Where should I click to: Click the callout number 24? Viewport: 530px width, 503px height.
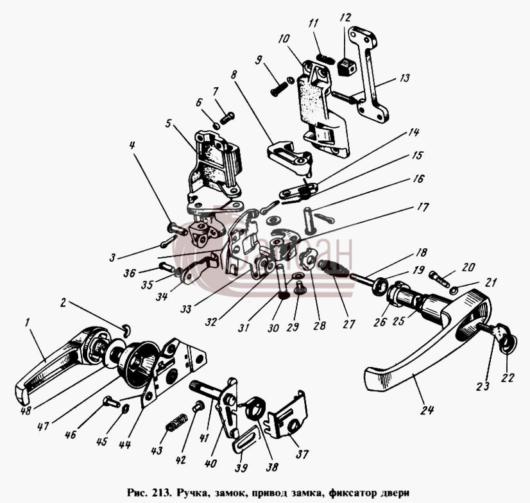(427, 410)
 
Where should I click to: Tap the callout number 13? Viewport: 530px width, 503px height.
(404, 78)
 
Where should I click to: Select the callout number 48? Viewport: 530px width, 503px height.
(26, 411)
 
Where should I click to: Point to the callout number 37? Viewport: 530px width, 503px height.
(302, 454)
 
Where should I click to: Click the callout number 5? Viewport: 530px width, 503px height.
(168, 124)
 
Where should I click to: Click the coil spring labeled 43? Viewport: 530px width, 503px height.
(176, 422)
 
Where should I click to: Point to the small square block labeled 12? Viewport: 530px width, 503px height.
(346, 65)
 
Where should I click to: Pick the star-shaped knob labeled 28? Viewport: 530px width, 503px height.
(307, 259)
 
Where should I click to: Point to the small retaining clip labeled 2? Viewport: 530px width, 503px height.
(126, 330)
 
